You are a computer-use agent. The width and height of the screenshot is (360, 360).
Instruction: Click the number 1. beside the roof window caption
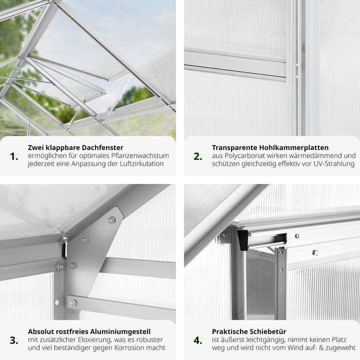pos(14,156)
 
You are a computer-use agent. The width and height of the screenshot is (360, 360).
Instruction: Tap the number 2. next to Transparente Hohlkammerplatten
pos(198,156)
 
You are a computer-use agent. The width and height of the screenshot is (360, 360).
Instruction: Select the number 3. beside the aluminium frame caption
pos(14,340)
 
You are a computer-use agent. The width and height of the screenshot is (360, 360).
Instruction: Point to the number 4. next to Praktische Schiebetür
pos(198,340)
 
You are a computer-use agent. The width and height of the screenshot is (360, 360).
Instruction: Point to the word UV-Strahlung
pos(334,163)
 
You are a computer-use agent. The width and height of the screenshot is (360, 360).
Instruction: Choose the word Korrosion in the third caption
pos(128,347)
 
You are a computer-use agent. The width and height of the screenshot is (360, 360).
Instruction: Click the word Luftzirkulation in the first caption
pos(141,163)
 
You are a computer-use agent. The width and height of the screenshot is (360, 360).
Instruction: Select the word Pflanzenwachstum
pos(140,155)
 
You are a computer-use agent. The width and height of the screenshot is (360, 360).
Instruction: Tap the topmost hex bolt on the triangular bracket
pos(111,220)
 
